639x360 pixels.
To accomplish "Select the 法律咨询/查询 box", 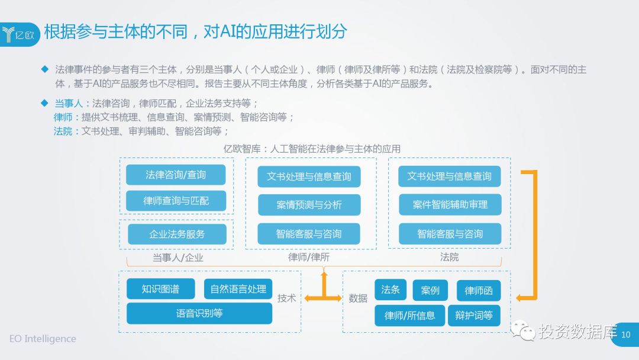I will click(176, 175).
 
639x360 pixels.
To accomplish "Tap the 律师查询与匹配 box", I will click(176, 201).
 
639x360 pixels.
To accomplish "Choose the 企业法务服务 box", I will click(177, 234).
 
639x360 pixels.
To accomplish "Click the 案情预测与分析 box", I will click(309, 205).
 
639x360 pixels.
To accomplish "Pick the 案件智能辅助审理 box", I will click(450, 205).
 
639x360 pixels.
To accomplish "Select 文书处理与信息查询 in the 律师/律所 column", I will click(309, 176).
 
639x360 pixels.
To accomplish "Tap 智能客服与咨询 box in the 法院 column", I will click(450, 234).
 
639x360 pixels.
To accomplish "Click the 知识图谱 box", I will click(160, 289).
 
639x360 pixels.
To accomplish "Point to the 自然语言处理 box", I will click(238, 289).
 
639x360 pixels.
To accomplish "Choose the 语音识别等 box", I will click(199, 313).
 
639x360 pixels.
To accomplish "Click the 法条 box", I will click(390, 290).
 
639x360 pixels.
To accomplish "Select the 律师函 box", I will click(479, 290).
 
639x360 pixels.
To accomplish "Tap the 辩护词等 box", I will click(474, 315).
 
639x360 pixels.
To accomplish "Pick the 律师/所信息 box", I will click(409, 315).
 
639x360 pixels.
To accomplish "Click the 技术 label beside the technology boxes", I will click(287, 298).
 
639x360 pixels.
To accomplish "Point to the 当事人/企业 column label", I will click(177, 258).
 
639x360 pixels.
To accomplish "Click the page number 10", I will click(627, 335).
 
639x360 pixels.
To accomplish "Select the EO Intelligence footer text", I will click(43, 339).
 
